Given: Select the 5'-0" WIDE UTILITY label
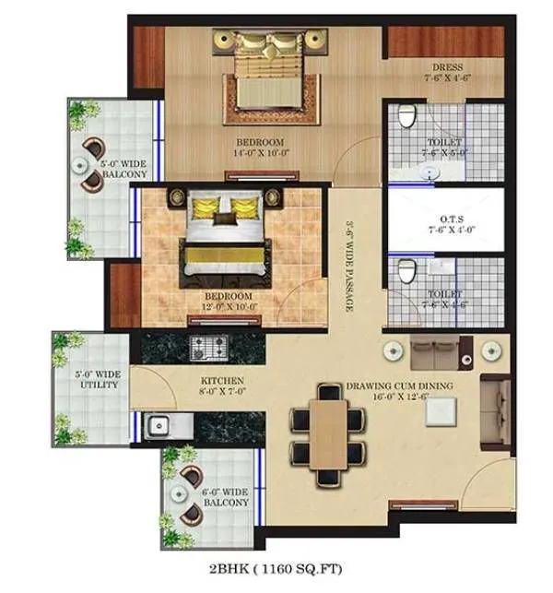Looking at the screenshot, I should coord(96,379).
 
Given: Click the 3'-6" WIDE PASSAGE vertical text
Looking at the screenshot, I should coord(350,267).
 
